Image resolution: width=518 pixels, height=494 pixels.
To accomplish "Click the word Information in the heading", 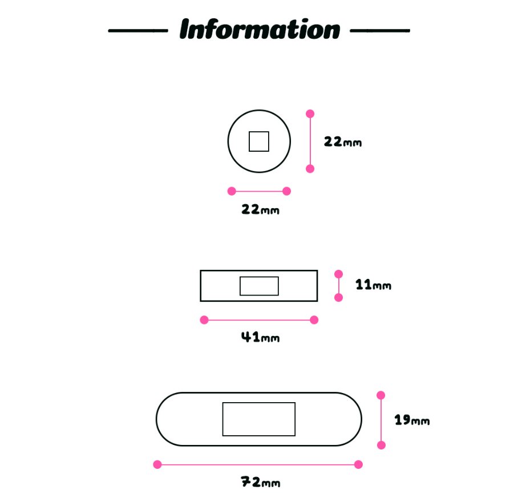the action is [x=260, y=29].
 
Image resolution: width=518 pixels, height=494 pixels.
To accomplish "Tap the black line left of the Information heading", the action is [x=138, y=31].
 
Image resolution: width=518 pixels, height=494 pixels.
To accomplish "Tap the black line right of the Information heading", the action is [x=380, y=30].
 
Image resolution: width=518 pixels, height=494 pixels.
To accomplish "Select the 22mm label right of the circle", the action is [x=343, y=142].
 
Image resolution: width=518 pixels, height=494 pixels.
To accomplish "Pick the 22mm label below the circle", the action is [x=260, y=209].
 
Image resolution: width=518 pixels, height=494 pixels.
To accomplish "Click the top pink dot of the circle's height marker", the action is [x=310, y=114].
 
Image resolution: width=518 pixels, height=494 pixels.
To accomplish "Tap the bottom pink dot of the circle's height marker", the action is [x=310, y=169].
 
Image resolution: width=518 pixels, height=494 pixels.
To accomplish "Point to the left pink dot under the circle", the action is [x=232, y=191].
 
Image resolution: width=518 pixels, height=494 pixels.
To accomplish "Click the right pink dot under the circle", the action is [x=287, y=191].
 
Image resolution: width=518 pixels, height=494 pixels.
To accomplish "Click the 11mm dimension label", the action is [x=373, y=285].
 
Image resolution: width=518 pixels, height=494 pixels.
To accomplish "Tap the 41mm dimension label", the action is [x=260, y=337].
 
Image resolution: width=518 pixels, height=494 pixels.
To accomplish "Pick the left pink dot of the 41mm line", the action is [x=204, y=320].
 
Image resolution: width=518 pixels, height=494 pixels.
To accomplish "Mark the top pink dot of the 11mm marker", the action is [x=339, y=274].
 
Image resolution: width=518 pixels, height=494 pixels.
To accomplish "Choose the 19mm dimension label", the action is [x=412, y=420].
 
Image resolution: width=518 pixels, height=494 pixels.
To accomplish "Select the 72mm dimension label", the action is [x=260, y=482].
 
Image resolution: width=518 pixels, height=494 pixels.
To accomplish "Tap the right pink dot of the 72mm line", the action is [x=358, y=464].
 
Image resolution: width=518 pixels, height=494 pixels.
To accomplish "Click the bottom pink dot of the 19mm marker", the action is [x=381, y=445].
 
